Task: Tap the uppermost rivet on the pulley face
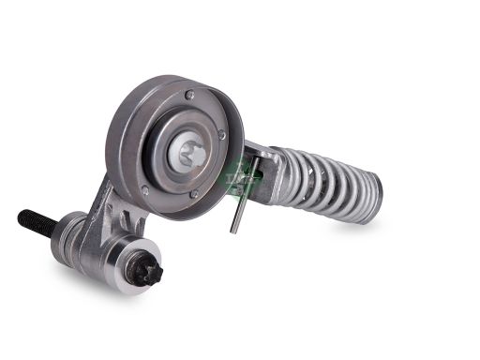pos(189,94)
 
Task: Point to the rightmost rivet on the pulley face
pos(222,136)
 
